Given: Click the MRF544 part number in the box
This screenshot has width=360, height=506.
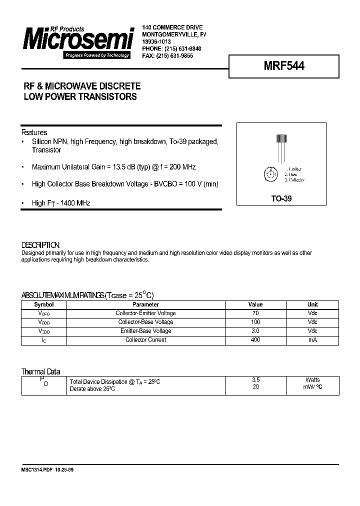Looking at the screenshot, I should [284, 66].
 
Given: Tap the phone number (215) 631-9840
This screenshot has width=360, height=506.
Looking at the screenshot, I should [180, 48].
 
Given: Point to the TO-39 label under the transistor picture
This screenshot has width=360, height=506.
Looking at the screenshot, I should [281, 198].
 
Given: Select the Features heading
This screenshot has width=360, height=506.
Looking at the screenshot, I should [34, 132].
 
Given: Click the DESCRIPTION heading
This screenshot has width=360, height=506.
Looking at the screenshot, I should [40, 245].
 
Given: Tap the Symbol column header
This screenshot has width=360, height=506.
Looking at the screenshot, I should [43, 304].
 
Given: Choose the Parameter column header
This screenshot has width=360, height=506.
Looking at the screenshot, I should [145, 304].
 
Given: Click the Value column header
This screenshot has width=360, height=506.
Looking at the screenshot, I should [255, 304].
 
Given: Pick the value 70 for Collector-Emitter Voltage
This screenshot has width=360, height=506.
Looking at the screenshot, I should [255, 313].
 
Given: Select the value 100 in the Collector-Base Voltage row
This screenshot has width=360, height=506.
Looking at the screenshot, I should [255, 322].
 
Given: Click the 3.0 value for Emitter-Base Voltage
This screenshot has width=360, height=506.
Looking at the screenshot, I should [255, 331].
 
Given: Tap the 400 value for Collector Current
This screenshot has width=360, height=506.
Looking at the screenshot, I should [255, 340].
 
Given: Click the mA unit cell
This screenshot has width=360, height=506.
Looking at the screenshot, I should [312, 340].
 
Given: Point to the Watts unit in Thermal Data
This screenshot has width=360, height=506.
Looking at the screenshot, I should [312, 380].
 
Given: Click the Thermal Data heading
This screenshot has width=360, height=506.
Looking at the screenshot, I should [40, 371].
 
